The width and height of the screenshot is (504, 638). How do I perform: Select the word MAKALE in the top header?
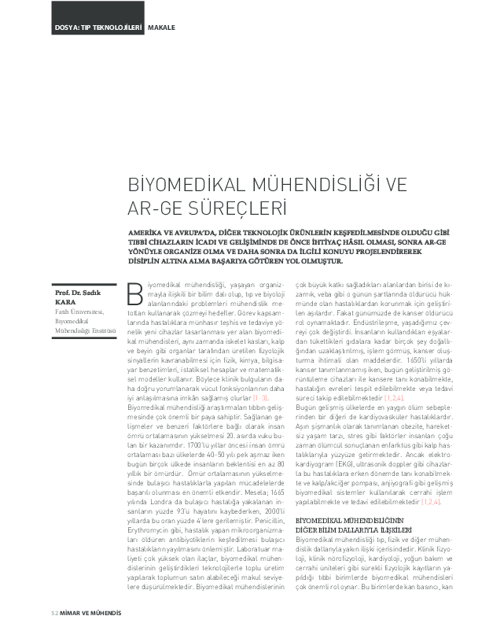coord(161,28)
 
